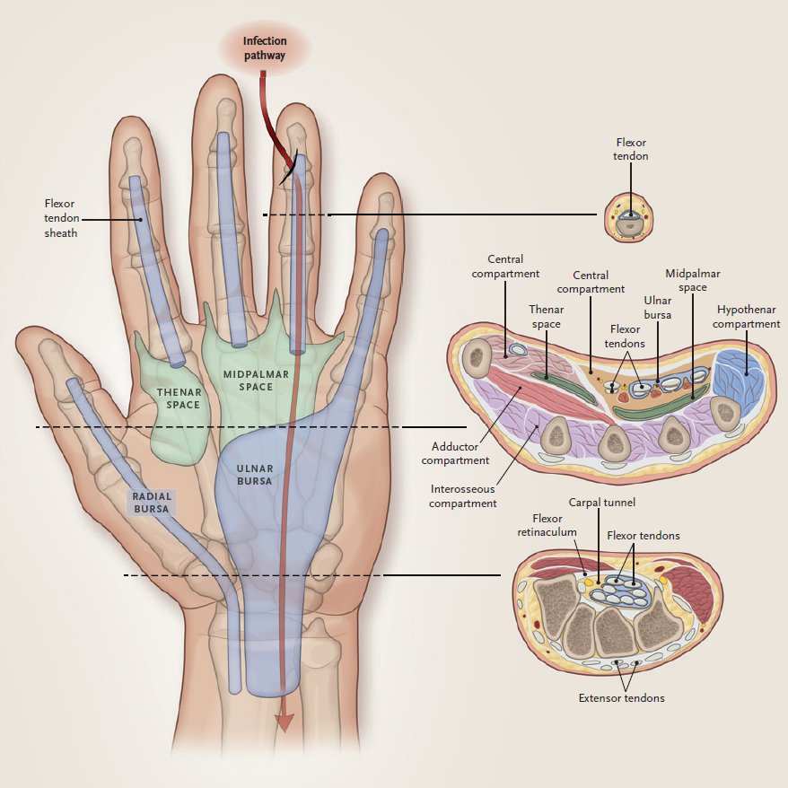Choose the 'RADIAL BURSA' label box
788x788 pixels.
click(x=152, y=503)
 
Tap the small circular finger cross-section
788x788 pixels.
click(x=631, y=218)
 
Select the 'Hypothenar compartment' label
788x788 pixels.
click(x=748, y=316)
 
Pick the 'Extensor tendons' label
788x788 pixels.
click(x=622, y=697)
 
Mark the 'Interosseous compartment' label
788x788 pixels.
click(x=462, y=495)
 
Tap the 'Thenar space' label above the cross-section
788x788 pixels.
click(x=545, y=317)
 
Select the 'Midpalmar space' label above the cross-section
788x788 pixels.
click(x=692, y=279)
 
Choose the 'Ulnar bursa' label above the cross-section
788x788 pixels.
click(x=657, y=307)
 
